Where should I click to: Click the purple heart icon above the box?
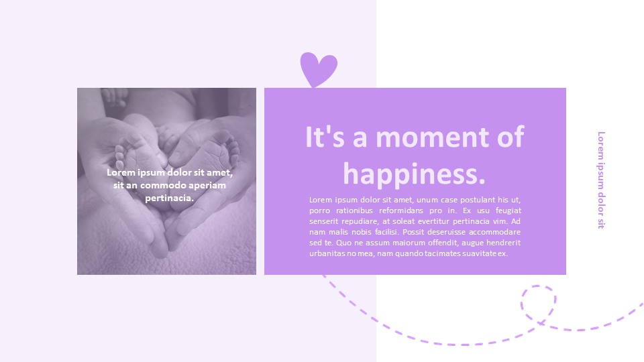tap(318, 68)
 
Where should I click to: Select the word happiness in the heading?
tap(413, 174)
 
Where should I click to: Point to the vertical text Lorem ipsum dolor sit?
tap(601, 180)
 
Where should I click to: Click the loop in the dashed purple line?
tap(539, 304)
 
